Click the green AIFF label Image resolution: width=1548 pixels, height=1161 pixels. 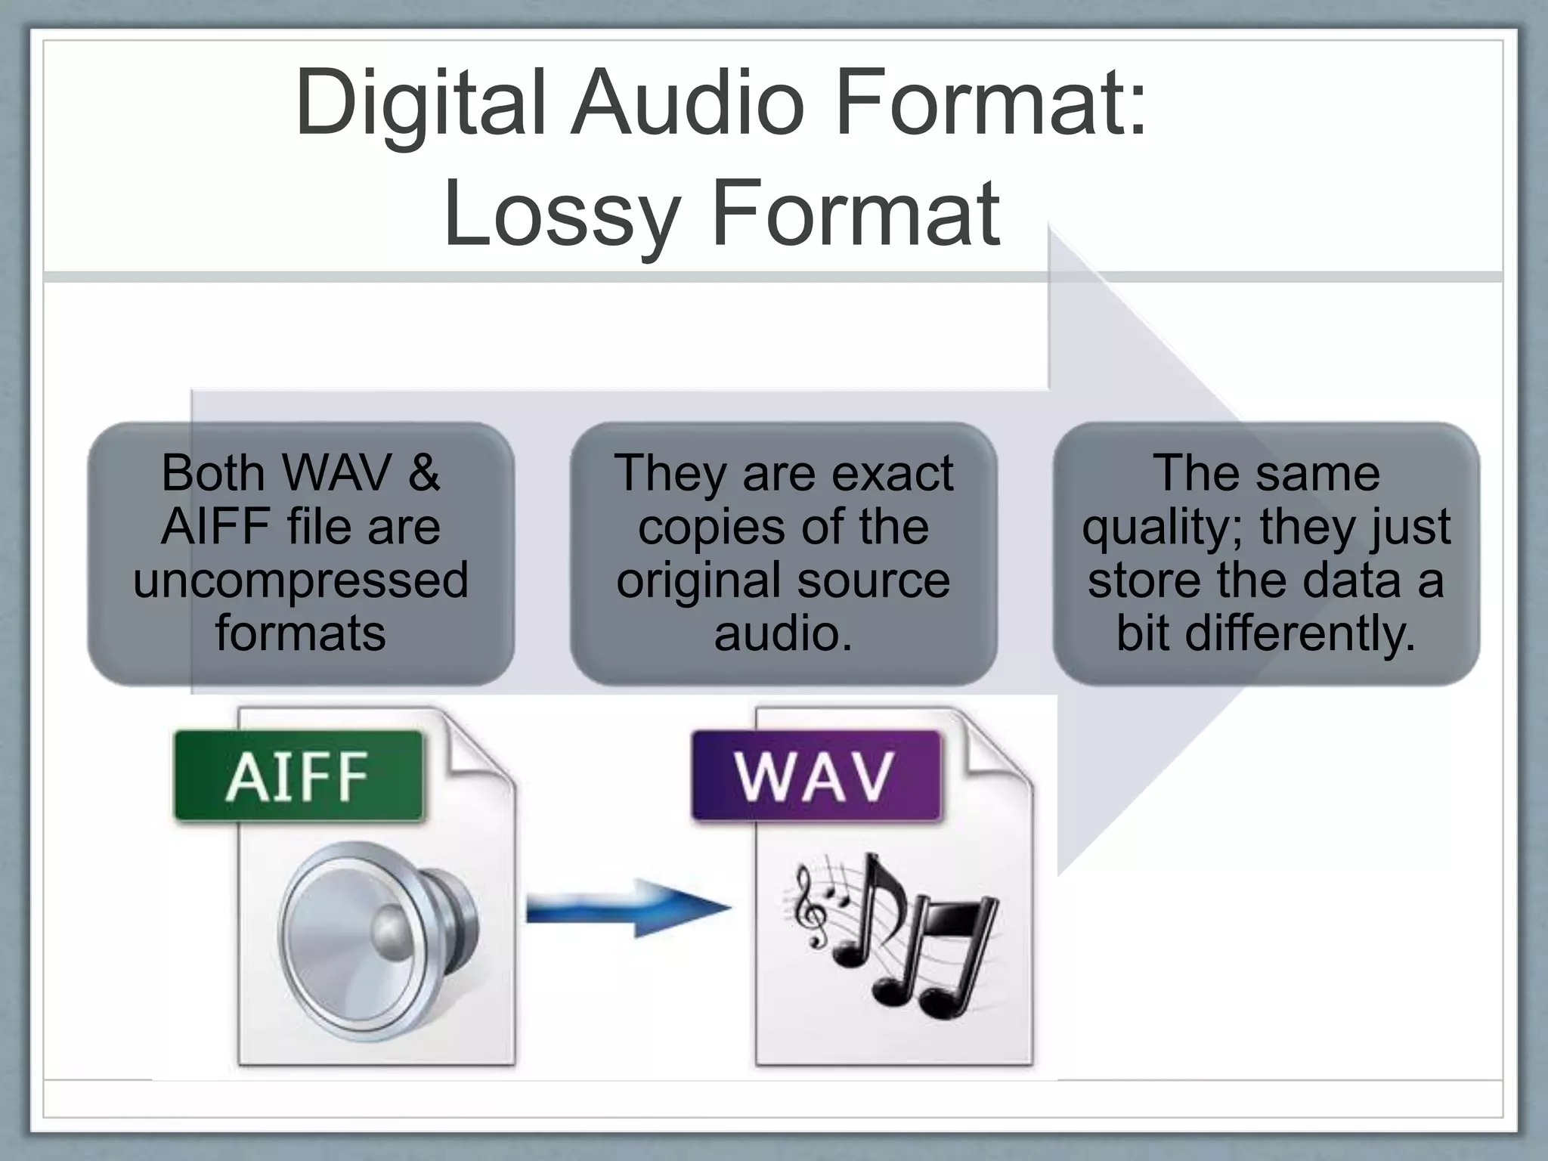coord(298,776)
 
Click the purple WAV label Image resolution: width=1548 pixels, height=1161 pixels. coord(815,776)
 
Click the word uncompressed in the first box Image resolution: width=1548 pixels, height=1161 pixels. coord(301,580)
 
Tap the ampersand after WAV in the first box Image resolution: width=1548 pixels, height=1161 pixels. coord(423,473)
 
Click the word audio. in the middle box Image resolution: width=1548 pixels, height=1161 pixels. coord(783,633)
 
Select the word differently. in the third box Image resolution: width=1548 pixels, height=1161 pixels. coord(1299,633)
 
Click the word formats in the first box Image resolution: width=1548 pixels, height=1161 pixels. coord(301,633)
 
